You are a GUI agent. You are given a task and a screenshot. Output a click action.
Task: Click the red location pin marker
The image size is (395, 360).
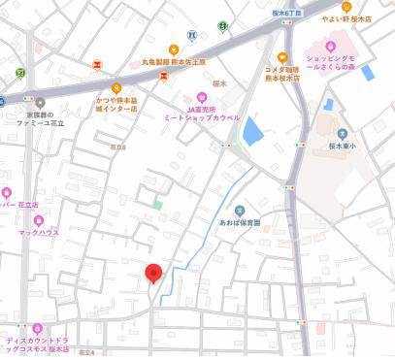coord(152,274)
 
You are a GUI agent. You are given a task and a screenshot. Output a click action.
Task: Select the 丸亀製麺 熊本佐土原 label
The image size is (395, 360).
coord(173,61)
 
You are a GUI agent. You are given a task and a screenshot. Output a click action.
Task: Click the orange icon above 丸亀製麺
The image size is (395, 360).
coord(173,49)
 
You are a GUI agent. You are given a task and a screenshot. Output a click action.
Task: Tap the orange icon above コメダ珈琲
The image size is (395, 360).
coord(282,56)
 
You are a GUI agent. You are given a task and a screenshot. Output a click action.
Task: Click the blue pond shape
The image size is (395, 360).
coord(252,131)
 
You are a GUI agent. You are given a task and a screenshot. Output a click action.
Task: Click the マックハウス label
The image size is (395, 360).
coord(39,234)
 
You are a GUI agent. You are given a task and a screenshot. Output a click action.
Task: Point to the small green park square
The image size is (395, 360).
coord(157,205)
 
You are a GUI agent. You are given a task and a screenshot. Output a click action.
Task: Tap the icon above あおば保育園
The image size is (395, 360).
coord(240,209)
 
